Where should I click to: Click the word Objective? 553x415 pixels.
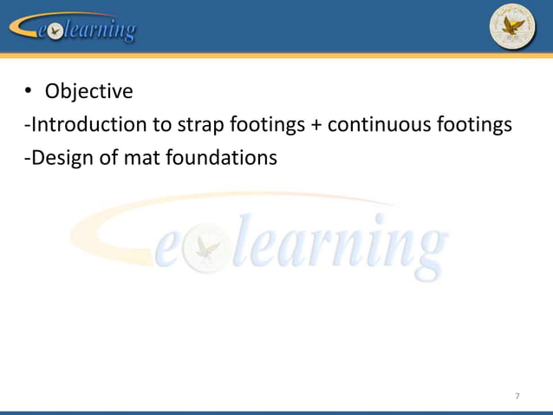tap(88, 91)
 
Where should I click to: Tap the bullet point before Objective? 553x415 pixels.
tap(28, 91)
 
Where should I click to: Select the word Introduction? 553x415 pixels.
tap(87, 125)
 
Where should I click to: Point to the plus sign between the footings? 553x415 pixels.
tap(316, 126)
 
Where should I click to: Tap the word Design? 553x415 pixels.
tap(57, 158)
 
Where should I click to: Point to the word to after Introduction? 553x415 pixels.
tap(161, 125)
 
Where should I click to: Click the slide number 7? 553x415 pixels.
tap(517, 397)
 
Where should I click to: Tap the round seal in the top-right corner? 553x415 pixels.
tap(512, 26)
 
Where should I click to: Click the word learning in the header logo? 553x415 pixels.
tap(101, 31)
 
